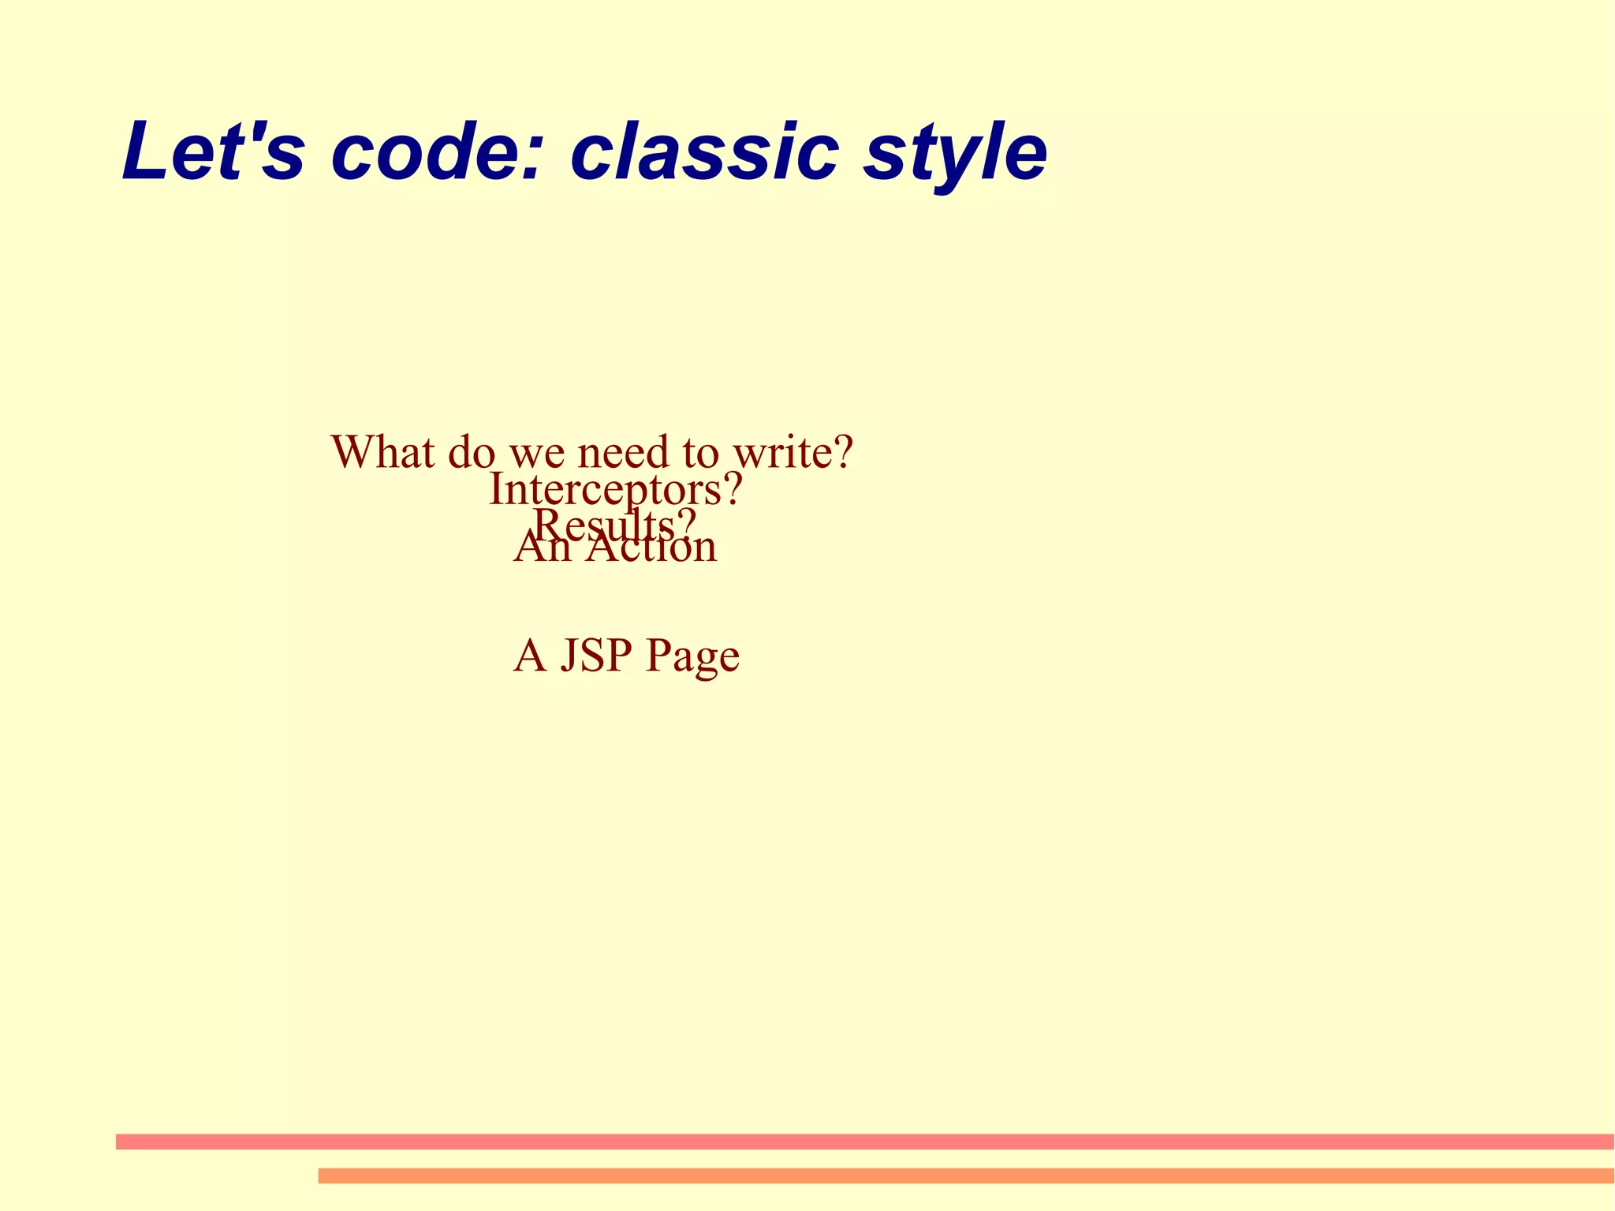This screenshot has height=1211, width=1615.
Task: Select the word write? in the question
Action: click(793, 451)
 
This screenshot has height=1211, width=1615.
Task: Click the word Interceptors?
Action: click(615, 490)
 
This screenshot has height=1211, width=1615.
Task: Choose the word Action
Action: click(651, 547)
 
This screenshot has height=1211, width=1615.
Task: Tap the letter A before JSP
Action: click(530, 655)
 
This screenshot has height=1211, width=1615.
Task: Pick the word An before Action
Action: click(543, 547)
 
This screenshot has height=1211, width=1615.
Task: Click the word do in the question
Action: click(472, 451)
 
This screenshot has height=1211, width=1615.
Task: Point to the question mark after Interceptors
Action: click(733, 489)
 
